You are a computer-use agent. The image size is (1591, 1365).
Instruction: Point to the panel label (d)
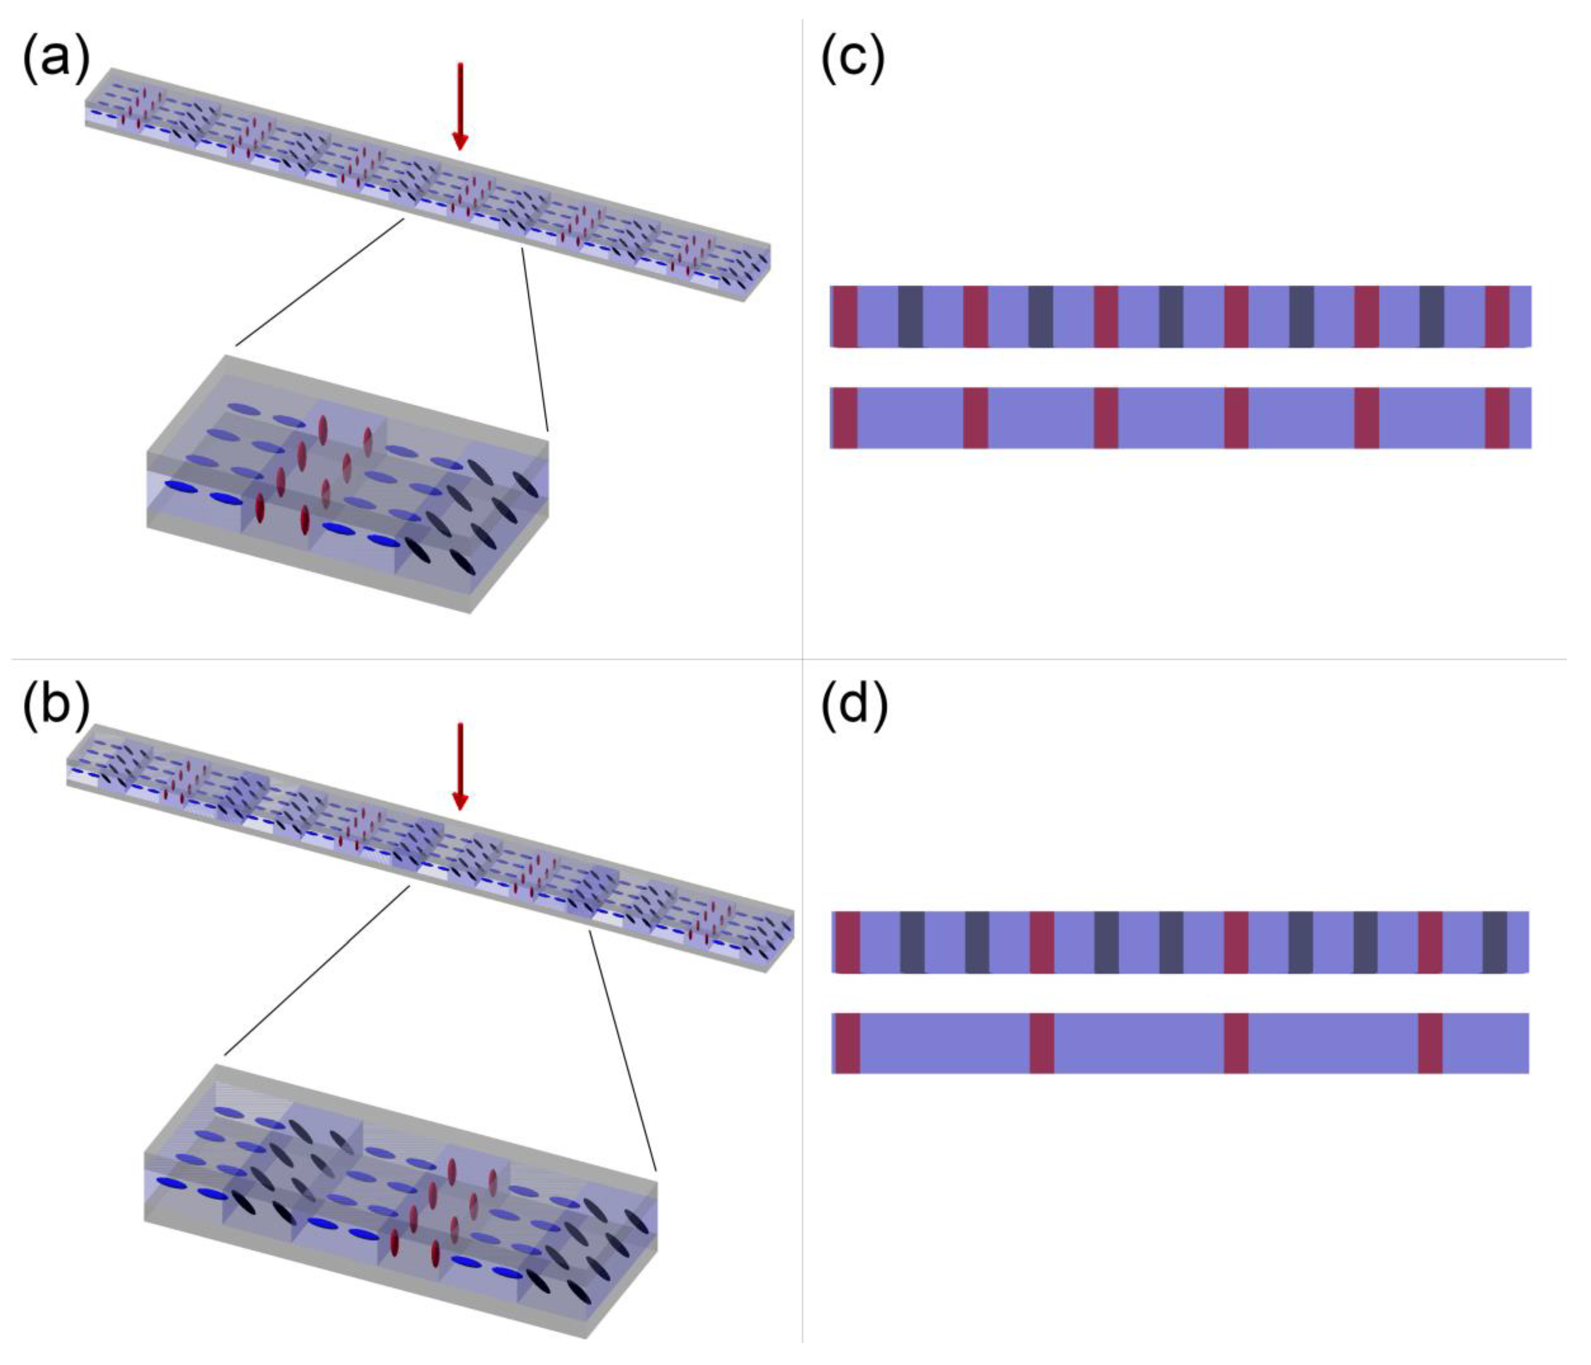[x=854, y=705]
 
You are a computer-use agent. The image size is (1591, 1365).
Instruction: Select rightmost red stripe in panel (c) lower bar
[x=1497, y=418]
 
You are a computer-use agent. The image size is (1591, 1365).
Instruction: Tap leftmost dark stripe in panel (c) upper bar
[x=910, y=316]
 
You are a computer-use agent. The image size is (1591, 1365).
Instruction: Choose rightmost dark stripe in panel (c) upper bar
[x=1431, y=316]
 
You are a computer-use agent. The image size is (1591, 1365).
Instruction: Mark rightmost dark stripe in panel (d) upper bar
[x=1494, y=942]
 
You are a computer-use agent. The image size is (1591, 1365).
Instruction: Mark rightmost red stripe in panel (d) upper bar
[x=1430, y=942]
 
